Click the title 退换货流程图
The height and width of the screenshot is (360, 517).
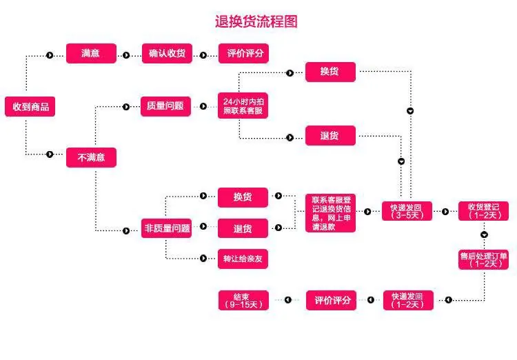tap(256, 21)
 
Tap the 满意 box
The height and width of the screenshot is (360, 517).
tap(91, 54)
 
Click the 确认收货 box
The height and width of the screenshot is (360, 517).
tap(167, 54)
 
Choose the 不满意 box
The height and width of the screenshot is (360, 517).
tap(91, 157)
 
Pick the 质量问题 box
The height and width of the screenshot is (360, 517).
tap(165, 106)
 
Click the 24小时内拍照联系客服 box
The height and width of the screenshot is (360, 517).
tap(243, 106)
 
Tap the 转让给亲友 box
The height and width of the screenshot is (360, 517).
tap(243, 259)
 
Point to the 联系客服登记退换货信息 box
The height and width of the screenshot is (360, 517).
tap(331, 212)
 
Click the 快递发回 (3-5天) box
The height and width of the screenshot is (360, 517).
tap(407, 210)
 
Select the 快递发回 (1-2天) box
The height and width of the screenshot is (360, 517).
tap(407, 300)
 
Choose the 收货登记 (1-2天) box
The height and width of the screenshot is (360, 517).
tap(483, 210)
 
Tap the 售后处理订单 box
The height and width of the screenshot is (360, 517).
tap(483, 259)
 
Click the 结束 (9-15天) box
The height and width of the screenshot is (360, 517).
tap(243, 300)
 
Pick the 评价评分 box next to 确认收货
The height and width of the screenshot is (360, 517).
tap(243, 54)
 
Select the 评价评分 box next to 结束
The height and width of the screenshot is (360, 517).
tap(331, 300)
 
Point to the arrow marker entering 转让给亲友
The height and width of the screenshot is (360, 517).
tap(203, 259)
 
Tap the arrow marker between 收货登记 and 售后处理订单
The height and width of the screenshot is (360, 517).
tap(484, 235)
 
